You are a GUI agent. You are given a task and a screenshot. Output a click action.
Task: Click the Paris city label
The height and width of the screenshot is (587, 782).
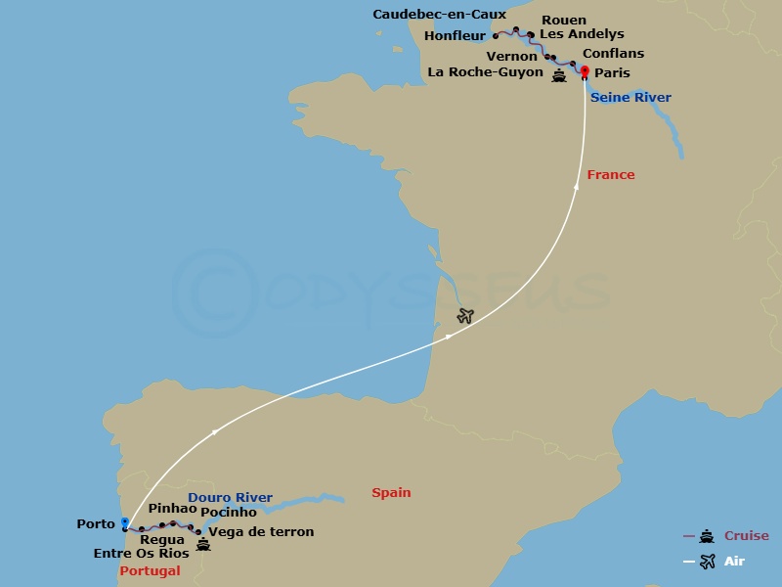612,73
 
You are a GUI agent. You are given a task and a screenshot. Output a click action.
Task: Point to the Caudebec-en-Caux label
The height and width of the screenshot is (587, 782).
439,15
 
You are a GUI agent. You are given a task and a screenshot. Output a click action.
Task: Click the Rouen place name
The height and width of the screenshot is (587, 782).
564,20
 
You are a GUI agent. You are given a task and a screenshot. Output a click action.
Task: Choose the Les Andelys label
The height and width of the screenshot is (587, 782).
582,34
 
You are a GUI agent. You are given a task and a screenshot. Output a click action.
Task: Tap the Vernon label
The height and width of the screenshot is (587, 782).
512,57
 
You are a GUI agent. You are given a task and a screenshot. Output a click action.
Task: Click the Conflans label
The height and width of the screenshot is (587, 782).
613,54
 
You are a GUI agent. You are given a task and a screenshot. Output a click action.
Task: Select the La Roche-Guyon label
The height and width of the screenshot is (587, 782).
486,72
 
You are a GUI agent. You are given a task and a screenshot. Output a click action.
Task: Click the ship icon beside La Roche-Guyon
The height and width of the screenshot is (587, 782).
559,75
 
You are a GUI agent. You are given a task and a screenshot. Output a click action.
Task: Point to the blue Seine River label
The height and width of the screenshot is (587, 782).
630,98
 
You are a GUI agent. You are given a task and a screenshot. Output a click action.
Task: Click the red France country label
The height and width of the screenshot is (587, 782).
611,175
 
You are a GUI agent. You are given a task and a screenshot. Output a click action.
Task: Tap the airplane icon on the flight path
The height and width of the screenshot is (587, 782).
465,315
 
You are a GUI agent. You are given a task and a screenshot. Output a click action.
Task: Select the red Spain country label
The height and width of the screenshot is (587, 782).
391,493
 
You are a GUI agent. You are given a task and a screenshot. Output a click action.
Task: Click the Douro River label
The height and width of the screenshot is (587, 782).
230,498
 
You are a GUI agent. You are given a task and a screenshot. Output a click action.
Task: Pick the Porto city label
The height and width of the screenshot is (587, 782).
96,524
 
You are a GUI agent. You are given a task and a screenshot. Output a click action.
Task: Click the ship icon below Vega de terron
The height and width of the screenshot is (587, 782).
203,543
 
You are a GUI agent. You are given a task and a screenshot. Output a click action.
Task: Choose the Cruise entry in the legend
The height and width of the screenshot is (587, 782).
746,536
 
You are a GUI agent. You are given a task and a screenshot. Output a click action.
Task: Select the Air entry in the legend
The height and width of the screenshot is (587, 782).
735,561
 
